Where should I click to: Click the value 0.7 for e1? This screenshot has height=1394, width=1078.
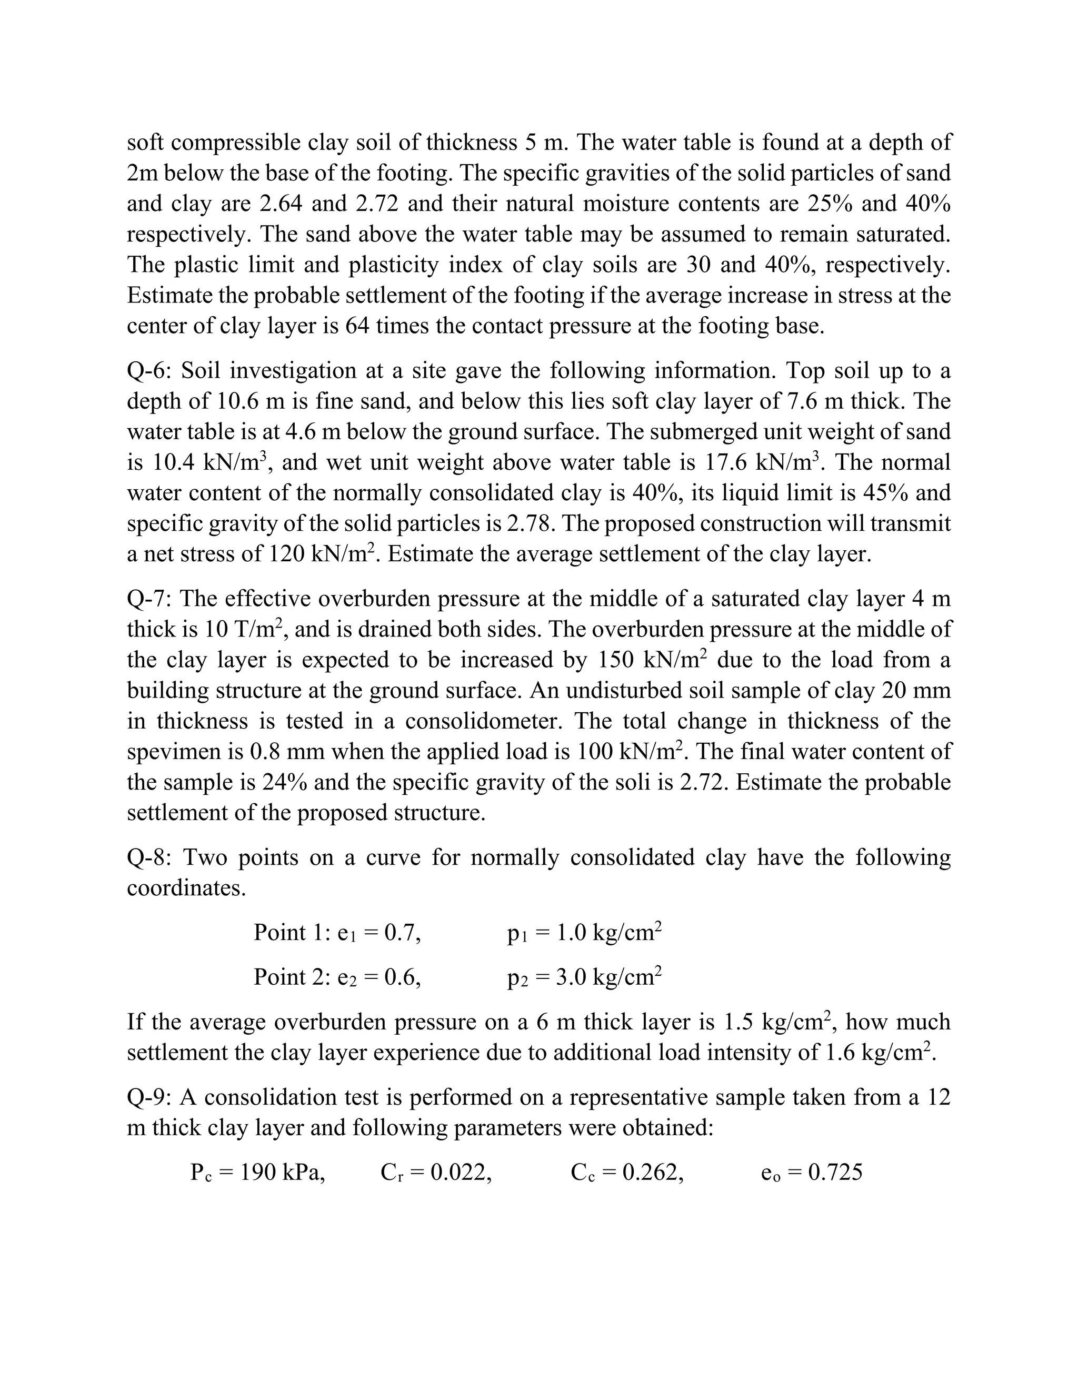tap(402, 933)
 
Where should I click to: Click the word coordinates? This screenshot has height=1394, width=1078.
tap(186, 888)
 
